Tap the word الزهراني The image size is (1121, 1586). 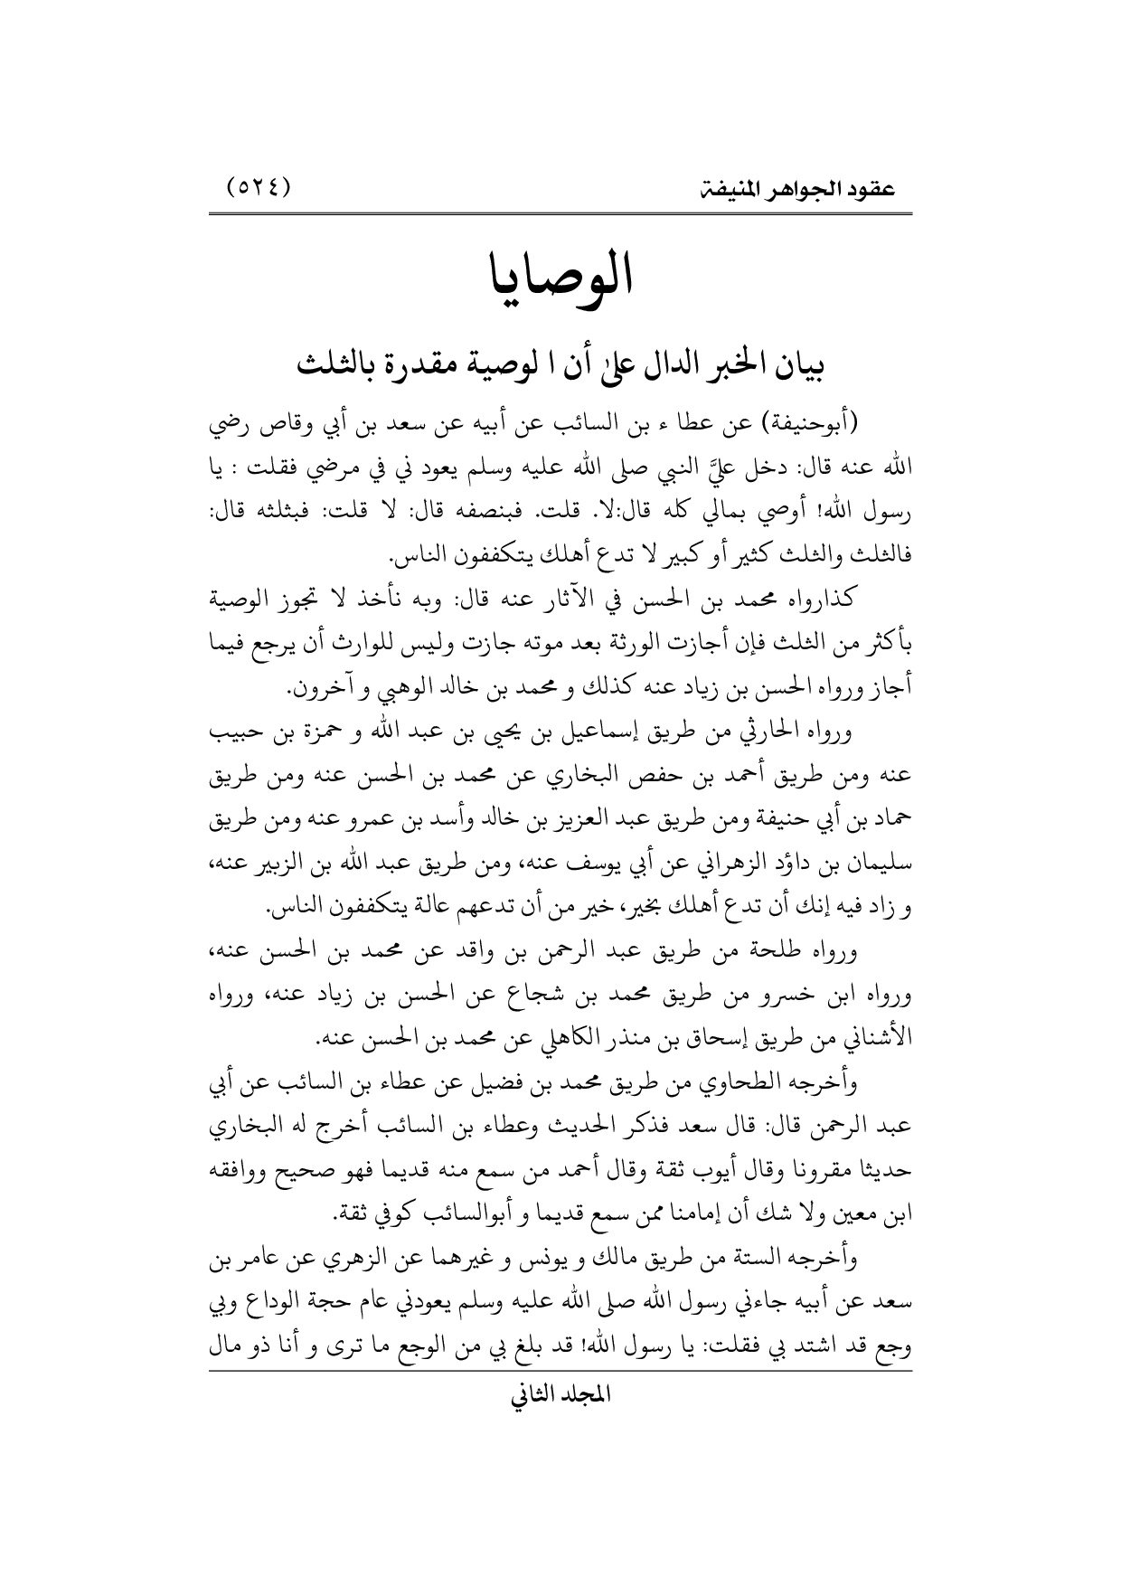coord(669,861)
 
